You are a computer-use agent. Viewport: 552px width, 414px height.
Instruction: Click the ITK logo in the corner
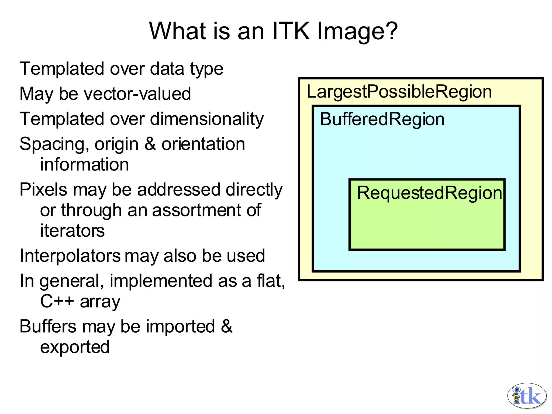pos(527,395)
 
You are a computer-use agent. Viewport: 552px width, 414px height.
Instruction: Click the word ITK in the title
pos(291,31)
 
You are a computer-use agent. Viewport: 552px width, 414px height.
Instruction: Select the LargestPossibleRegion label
pos(399,92)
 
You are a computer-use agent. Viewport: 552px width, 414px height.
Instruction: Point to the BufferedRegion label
pos(382,119)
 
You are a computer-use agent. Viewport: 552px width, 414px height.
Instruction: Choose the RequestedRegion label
pos(429,193)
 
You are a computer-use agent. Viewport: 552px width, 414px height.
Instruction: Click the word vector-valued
pos(137,94)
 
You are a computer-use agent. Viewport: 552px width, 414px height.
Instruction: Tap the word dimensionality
pos(207,119)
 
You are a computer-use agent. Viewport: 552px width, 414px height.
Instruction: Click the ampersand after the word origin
pos(150,144)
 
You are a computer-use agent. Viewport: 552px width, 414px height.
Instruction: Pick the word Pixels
pos(43,189)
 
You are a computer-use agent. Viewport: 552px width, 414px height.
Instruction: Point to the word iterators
pos(72,231)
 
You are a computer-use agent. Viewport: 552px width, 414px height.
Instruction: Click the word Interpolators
pos(70,256)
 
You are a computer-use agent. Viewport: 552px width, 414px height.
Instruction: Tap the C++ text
pos(57,301)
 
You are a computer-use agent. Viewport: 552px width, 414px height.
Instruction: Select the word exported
pos(75,347)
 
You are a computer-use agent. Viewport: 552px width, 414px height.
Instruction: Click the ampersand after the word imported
pos(226,326)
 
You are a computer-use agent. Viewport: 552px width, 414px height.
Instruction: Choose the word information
pos(84,164)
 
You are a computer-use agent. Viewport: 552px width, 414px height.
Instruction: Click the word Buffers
pos(48,326)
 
